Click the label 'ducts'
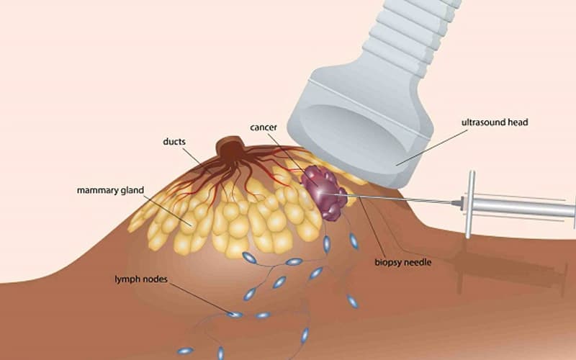(174, 142)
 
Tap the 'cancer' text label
(264, 127)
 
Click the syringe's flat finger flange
(470, 204)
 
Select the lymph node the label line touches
(235, 314)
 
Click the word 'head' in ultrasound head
(516, 122)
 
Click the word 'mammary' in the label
(96, 191)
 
